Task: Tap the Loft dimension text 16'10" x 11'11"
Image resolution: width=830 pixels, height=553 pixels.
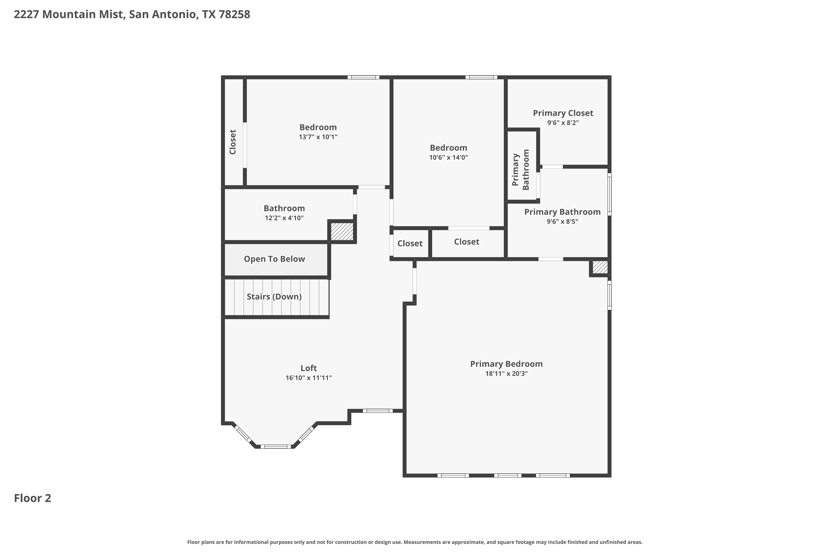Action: [308, 378]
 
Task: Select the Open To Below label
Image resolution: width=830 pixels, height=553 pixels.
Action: [274, 259]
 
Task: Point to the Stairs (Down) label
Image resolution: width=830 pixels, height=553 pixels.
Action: [274, 297]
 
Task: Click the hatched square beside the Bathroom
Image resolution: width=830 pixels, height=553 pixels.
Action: [342, 232]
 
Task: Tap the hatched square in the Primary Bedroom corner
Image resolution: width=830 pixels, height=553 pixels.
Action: [600, 267]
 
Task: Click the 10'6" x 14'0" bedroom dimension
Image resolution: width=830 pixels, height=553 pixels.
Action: [448, 157]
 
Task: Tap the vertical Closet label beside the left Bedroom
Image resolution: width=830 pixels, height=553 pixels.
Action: [233, 142]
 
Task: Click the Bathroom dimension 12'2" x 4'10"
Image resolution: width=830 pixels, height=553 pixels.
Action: [284, 218]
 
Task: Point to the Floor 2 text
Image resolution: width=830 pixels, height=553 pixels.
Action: [32, 498]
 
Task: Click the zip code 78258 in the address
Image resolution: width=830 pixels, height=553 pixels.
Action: [234, 14]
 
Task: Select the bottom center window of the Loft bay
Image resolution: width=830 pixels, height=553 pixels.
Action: [276, 447]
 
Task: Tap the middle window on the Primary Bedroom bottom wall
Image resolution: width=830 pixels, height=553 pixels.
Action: [507, 475]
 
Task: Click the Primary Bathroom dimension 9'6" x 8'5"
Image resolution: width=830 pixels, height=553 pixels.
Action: [562, 221]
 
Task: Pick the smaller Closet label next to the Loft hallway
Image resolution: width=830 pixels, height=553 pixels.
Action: [410, 243]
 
